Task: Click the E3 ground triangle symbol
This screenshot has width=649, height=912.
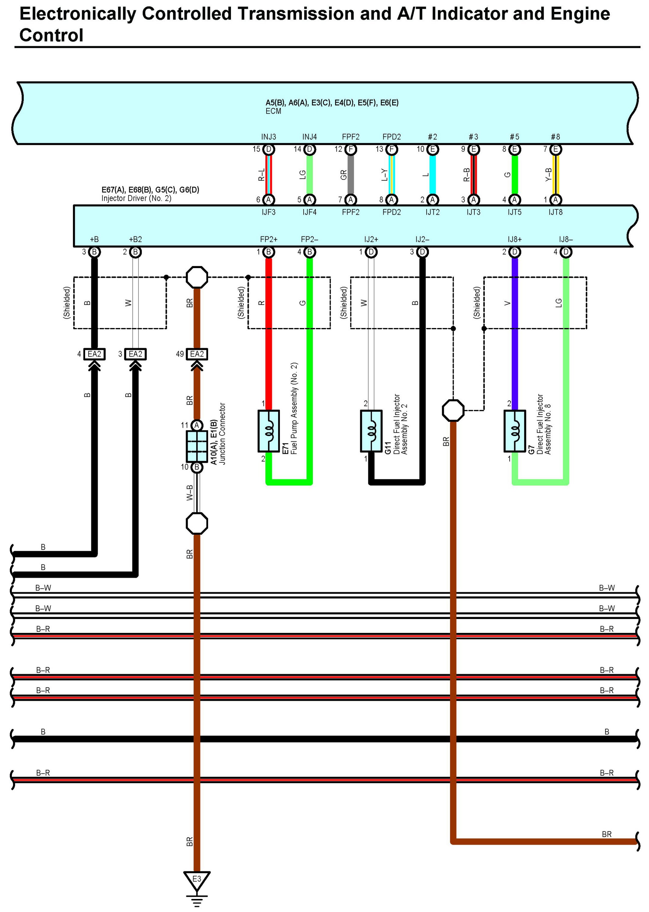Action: click(x=197, y=880)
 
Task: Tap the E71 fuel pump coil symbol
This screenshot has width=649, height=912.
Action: click(x=269, y=431)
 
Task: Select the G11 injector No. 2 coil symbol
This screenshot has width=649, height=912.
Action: click(x=371, y=431)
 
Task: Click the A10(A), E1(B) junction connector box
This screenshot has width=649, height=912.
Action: click(x=197, y=446)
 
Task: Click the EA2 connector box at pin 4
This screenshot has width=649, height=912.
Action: click(x=95, y=354)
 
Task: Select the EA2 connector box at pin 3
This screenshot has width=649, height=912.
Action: click(x=135, y=354)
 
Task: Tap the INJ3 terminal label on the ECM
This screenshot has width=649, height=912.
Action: click(x=269, y=137)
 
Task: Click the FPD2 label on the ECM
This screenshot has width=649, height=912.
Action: click(x=392, y=137)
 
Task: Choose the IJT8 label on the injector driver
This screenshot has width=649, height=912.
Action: click(x=556, y=212)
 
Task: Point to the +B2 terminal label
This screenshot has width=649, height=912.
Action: click(x=135, y=239)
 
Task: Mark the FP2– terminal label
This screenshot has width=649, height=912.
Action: click(x=310, y=239)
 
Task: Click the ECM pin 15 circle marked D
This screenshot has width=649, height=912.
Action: click(x=269, y=149)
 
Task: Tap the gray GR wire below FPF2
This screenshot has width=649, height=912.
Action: click(x=351, y=175)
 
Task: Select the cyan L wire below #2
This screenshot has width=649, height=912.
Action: click(x=432, y=175)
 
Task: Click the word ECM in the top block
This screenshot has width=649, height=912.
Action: click(x=273, y=111)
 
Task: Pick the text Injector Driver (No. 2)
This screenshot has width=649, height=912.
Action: click(x=136, y=198)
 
